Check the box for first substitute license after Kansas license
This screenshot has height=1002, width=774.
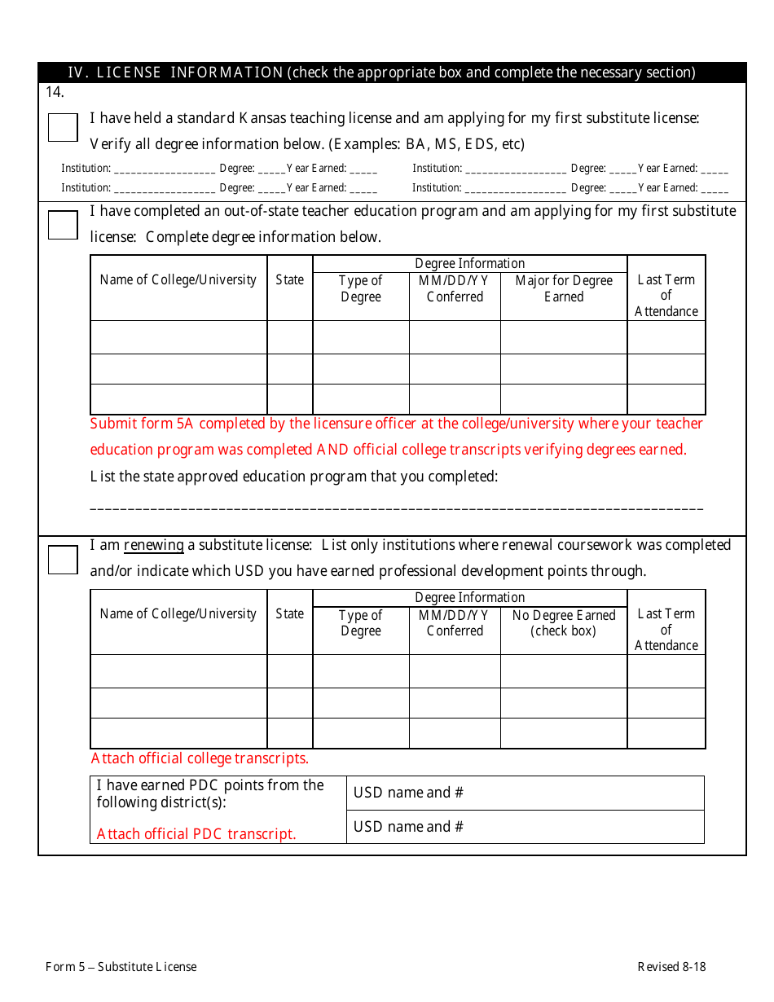click(x=63, y=127)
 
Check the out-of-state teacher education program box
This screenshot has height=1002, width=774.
click(x=63, y=224)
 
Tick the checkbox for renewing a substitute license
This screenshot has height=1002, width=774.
click(x=63, y=559)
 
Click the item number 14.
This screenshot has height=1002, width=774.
click(x=55, y=92)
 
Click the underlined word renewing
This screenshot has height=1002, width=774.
click(x=153, y=545)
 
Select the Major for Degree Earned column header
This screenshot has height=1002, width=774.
click(x=564, y=288)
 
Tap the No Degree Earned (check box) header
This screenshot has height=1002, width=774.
click(x=564, y=622)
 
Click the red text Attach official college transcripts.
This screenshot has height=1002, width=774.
click(x=200, y=758)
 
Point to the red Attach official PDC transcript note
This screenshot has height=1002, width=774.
click(x=196, y=834)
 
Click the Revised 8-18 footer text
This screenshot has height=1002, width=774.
click(x=671, y=967)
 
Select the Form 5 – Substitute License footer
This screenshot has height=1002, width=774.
click(x=121, y=967)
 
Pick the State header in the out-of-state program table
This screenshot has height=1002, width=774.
click(x=289, y=280)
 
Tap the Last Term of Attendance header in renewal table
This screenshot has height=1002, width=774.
click(x=666, y=630)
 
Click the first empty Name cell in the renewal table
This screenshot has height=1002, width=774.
click(x=178, y=671)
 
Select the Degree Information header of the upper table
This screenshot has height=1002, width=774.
click(x=470, y=263)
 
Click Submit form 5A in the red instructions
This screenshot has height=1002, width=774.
click(x=143, y=424)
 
